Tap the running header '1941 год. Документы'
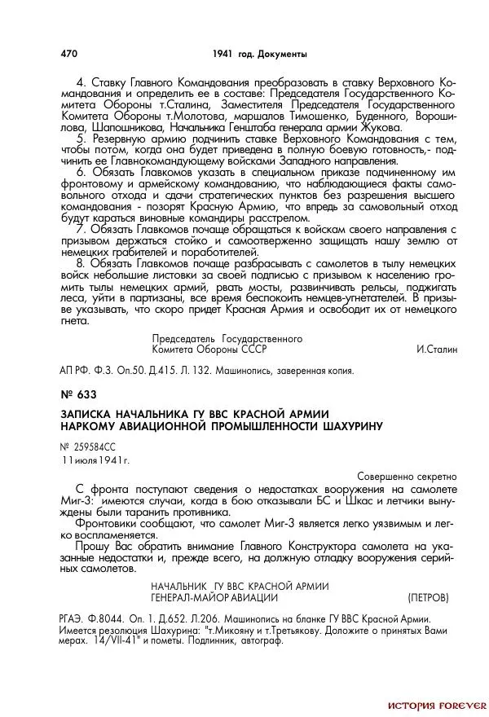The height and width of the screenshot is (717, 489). [x=258, y=54]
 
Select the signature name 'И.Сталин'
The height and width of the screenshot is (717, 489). [x=437, y=350]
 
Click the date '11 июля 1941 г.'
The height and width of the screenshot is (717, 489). [x=95, y=461]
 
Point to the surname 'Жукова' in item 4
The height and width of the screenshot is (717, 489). [x=381, y=128]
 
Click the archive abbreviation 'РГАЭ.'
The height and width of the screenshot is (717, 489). [x=76, y=620]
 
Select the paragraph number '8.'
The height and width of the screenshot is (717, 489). [x=81, y=264]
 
